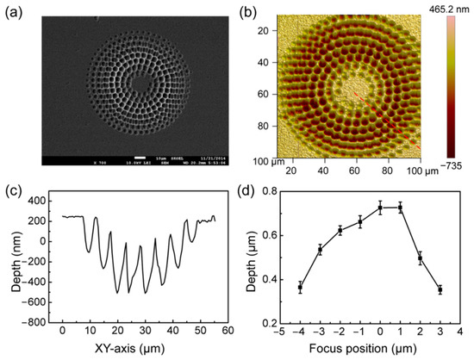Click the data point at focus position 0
point(380,208)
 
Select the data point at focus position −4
point(300,288)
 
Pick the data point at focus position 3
point(440,290)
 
